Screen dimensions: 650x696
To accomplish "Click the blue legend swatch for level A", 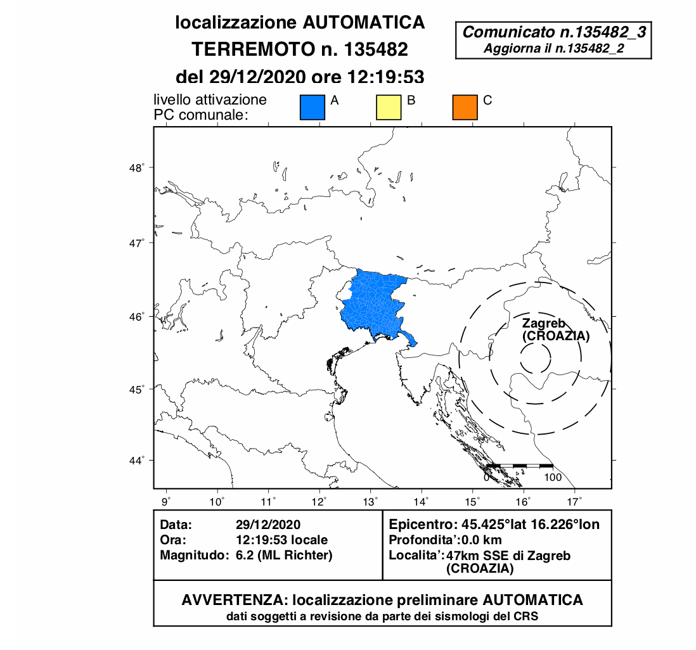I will pos(312,107).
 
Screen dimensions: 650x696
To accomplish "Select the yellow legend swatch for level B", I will pos(389,107).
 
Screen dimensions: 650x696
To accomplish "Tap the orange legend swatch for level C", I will pos(465,107).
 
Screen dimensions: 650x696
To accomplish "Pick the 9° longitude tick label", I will pos(167,502).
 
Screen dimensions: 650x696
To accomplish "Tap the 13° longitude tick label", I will pos(370,502).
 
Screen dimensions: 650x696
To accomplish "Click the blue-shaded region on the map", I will pos(374,304).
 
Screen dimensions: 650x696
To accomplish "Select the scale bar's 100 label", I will pos(553,477).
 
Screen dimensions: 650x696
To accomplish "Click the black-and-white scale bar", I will pos(519,466).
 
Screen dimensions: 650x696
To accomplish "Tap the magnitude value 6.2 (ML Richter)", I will pos(283,555).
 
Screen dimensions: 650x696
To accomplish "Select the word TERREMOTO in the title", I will pos(241,49).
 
